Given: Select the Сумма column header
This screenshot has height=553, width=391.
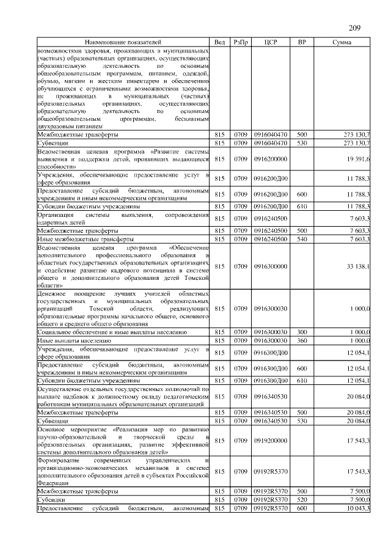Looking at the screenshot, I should [x=341, y=42].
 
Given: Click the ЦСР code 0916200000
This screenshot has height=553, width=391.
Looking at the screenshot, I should [x=271, y=158].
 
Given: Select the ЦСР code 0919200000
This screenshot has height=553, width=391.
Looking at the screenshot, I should [x=271, y=439].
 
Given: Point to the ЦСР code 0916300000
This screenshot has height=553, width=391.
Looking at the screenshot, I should [x=271, y=266].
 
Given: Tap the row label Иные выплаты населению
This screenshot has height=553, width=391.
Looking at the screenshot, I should [x=74, y=339].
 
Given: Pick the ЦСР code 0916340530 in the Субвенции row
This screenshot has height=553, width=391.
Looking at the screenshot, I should [x=271, y=421].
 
